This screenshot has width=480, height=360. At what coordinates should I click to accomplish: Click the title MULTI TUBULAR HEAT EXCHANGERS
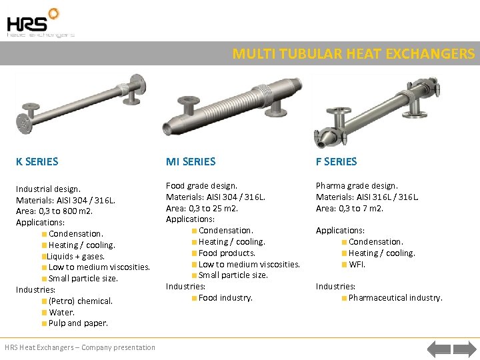coord(353,54)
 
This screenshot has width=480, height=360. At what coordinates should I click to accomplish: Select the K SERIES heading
coord(37,161)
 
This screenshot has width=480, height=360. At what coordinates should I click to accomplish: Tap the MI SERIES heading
coord(191,161)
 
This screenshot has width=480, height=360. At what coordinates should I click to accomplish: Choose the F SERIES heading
coord(337,161)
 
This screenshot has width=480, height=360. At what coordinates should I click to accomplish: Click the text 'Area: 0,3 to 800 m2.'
coord(55,211)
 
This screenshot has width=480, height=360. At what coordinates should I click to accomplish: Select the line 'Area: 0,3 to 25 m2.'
coord(202,208)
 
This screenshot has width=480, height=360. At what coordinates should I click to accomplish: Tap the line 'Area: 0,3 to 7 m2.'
coord(350,208)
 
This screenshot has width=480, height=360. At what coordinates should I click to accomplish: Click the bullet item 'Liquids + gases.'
coord(75,256)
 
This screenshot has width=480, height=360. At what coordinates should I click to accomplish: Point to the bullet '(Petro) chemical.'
coord(80,301)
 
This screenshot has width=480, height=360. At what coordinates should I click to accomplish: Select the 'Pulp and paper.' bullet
coord(78,323)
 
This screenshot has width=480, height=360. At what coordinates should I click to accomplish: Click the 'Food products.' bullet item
coord(227,253)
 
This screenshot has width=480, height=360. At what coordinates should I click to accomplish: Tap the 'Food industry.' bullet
coord(225,297)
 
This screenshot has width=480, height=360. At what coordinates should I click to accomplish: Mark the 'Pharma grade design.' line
coord(357,185)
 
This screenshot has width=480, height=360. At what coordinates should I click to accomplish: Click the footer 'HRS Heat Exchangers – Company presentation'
coord(80,347)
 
